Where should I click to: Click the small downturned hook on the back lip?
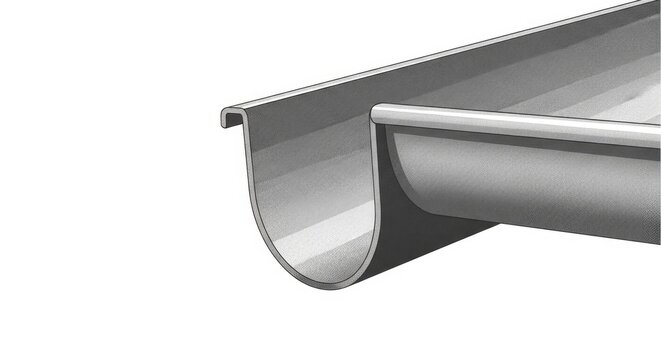coord(224,119)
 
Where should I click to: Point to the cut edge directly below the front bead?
coord(381,170)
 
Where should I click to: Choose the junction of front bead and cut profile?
coord(374,124)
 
